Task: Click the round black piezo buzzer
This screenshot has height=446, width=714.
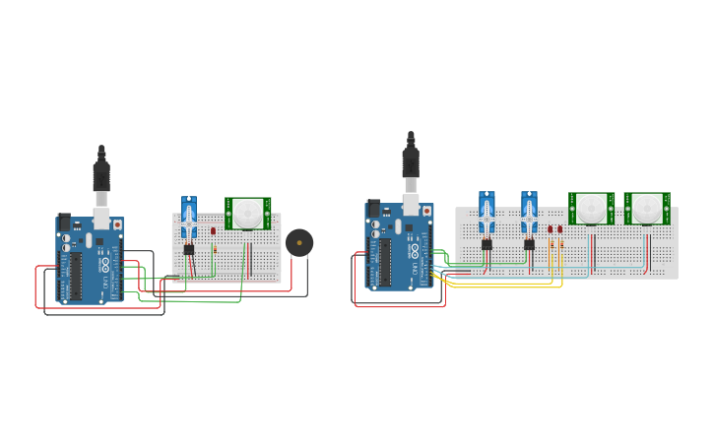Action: pyautogui.click(x=299, y=242)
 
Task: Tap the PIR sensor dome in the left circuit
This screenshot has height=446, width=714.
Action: pyautogui.click(x=248, y=212)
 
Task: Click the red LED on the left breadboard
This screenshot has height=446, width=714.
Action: pyautogui.click(x=213, y=231)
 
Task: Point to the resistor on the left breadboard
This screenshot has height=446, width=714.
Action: pyautogui.click(x=214, y=249)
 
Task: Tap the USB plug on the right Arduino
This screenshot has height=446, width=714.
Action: pyautogui.click(x=411, y=165)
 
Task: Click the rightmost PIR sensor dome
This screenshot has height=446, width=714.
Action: pyautogui.click(x=647, y=208)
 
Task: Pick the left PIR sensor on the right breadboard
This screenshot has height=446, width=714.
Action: pyautogui.click(x=592, y=208)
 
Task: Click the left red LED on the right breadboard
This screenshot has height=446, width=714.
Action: pyautogui.click(x=551, y=229)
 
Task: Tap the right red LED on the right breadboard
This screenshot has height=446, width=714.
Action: pyautogui.click(x=559, y=229)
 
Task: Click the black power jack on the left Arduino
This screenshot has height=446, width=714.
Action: pyautogui.click(x=65, y=223)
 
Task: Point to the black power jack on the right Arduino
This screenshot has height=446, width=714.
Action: pyautogui.click(x=373, y=209)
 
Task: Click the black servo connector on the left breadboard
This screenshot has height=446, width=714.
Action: pyautogui.click(x=189, y=249)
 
